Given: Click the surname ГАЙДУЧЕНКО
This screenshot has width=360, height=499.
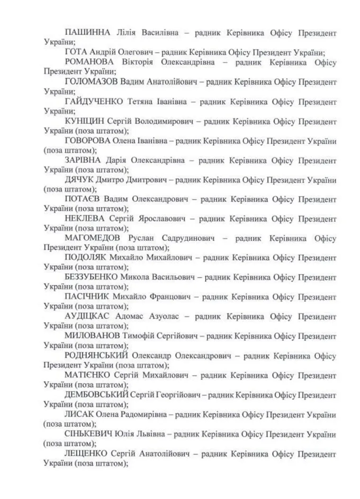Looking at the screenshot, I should pos(94,101).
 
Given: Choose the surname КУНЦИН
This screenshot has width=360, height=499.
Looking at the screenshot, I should pos(83,121).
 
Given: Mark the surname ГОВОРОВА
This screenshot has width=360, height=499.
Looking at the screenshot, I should pos(88,141).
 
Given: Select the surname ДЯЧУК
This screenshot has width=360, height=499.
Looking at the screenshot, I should pos(80,180).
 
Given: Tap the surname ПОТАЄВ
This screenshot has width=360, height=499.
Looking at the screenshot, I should pos(83,200).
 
